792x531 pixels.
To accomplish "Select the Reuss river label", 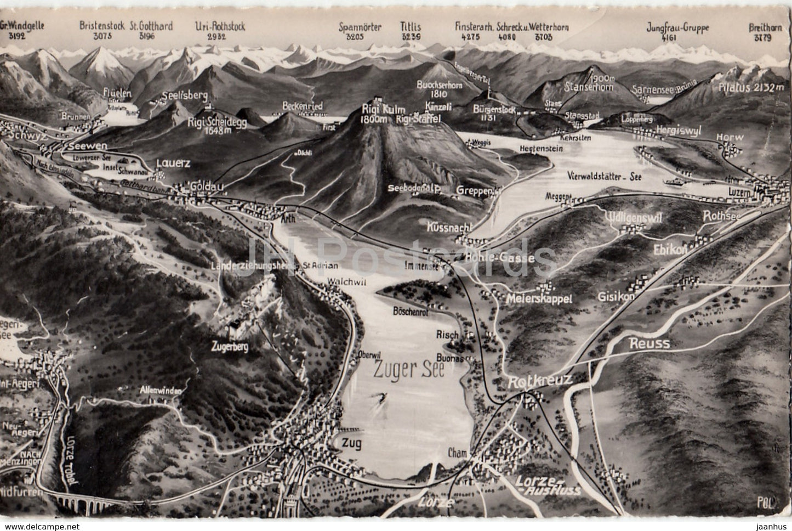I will pyautogui.click(x=649, y=344).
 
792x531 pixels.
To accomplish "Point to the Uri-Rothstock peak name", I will pyautogui.click(x=221, y=26).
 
